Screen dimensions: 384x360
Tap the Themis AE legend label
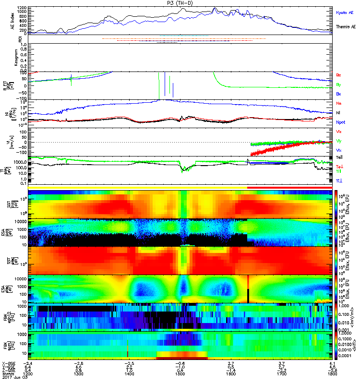point(346,27)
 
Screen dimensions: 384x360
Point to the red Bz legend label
point(339,75)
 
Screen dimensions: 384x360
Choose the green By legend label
point(339,84)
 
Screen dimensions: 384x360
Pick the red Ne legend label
point(339,103)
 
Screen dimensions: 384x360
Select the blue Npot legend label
point(341,122)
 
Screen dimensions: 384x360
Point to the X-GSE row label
point(7,362)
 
